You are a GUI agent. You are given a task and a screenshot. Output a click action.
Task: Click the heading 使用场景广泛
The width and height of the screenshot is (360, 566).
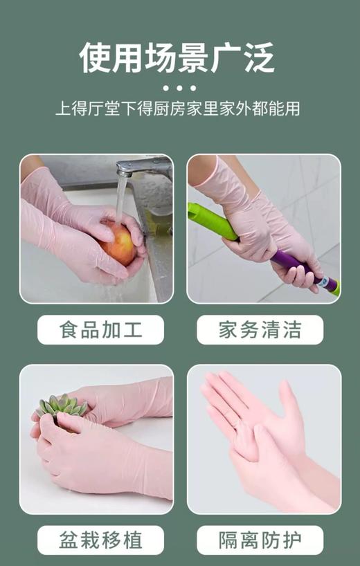tap(178, 57)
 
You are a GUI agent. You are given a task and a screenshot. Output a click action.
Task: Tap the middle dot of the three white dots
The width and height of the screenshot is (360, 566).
tap(179, 89)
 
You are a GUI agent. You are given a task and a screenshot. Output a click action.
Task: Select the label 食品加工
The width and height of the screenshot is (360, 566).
tap(100, 329)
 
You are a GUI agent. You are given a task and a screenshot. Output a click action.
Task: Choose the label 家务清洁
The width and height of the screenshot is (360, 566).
tap(260, 329)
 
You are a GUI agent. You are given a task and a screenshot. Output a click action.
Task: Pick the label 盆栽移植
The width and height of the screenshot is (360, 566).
tap(100, 540)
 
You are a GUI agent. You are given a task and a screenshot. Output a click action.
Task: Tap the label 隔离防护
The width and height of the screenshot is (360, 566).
tap(260, 540)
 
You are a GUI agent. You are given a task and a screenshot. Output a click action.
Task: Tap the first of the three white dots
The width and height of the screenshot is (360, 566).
tap(165, 89)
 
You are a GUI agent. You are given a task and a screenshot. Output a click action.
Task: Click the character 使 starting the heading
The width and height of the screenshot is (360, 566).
tap(96, 57)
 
